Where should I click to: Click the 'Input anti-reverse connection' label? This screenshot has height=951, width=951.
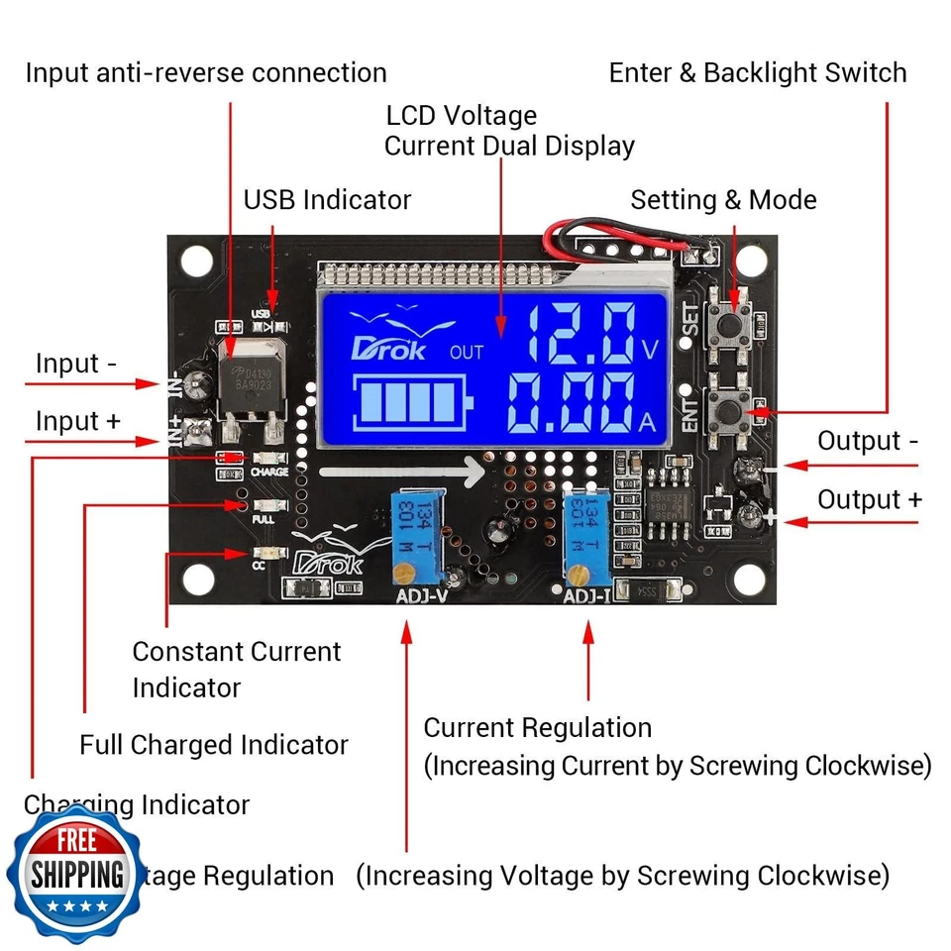coord(206,73)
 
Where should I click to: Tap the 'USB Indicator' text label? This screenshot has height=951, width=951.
coord(327,199)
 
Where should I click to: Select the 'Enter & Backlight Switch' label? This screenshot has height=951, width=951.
coord(757,73)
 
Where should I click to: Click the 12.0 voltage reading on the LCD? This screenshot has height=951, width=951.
coord(581,333)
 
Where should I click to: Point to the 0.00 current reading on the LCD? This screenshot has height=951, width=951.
coord(571,406)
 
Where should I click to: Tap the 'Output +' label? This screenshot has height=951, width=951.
coord(869,499)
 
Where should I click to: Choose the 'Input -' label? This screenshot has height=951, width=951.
coord(76,364)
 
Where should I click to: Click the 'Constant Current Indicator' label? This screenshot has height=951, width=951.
coord(236,669)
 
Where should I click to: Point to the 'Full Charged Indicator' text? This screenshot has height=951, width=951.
coord(214,745)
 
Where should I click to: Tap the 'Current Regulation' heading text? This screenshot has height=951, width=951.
coord(538,728)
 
